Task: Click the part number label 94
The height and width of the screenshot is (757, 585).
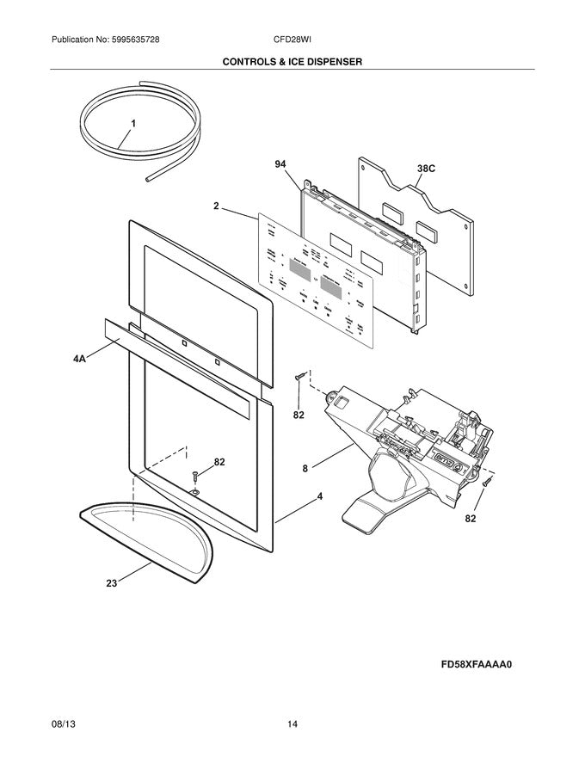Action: pos(280,163)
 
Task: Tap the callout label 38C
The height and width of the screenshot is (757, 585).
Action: pos(426,169)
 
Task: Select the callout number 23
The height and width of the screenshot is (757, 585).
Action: pos(111,582)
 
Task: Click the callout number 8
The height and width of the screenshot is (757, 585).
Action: pos(305,469)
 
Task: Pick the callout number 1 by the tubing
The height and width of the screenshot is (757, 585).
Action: pos(133,124)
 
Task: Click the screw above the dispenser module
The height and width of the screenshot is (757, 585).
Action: pos(299,377)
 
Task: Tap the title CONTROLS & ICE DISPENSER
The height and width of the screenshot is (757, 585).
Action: pos(292,62)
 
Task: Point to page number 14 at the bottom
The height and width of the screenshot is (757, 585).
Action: pos(292,725)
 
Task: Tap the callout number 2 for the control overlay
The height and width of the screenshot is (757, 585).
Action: pos(217,206)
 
